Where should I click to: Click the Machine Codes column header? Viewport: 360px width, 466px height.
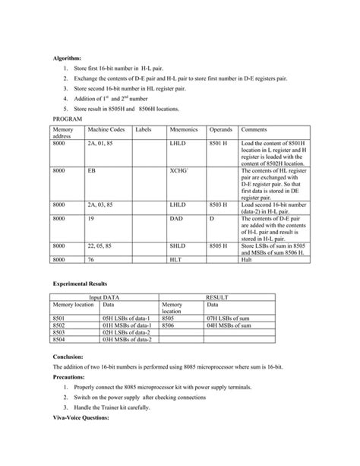104,130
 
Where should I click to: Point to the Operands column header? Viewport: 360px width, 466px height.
221,130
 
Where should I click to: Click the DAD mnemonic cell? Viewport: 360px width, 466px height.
176,218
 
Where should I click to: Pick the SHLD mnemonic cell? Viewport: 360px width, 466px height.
178,246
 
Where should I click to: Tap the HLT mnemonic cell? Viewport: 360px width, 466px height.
176,260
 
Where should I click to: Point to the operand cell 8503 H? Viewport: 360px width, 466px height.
221,204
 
